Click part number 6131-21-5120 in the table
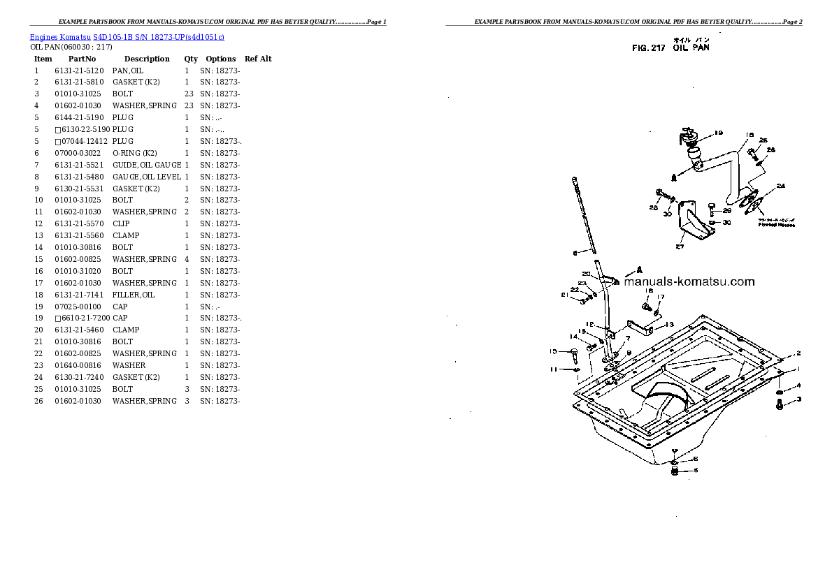pyautogui.click(x=79, y=71)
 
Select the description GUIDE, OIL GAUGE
pyautogui.click(x=147, y=165)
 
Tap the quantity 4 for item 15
pyautogui.click(x=187, y=259)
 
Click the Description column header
pyautogui.click(x=147, y=59)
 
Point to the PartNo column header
pyautogui.click(x=82, y=59)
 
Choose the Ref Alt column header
pyautogui.click(x=258, y=59)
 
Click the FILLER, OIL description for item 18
pyautogui.click(x=134, y=295)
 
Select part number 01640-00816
pyautogui.click(x=79, y=365)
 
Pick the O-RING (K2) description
pyautogui.click(x=134, y=153)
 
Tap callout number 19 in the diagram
pyautogui.click(x=718, y=133)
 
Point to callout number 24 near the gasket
pyautogui.click(x=780, y=186)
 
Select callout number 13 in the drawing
pyautogui.click(x=669, y=324)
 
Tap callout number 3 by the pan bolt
pyautogui.click(x=798, y=399)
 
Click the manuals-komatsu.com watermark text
pyautogui.click(x=689, y=282)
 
